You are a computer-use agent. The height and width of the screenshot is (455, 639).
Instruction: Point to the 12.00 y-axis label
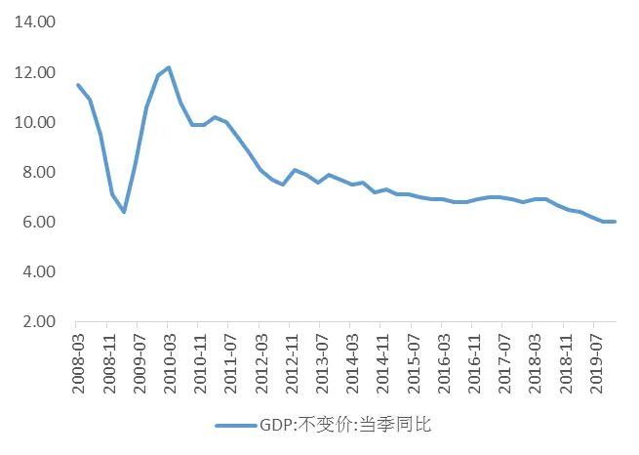[35, 72]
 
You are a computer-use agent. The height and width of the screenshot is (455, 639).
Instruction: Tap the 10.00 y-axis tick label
[35, 122]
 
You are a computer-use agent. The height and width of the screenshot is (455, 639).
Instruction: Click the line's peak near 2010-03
[169, 67]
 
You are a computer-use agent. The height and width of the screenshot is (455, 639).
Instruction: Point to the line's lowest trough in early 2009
[124, 212]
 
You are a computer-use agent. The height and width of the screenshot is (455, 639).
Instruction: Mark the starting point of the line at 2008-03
[78, 85]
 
